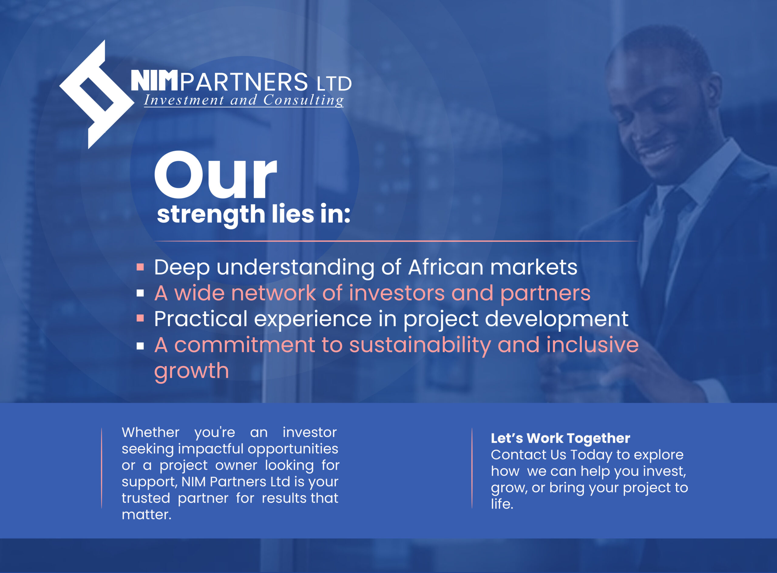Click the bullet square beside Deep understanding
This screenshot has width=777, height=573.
tap(140, 267)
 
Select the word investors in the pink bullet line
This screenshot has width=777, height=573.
tap(396, 293)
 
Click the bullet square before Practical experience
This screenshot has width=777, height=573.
tap(140, 318)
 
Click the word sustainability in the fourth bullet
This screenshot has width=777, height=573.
tap(420, 346)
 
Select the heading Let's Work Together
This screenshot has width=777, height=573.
tap(561, 438)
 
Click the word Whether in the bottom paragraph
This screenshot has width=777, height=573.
tap(151, 432)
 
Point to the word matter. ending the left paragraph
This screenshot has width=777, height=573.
tap(146, 515)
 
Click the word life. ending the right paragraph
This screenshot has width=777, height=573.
tap(502, 504)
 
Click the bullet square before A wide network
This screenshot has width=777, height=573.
tap(140, 293)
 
